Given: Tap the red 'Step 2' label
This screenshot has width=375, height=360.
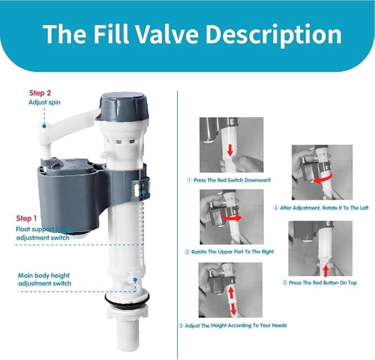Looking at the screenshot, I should tap(40, 93).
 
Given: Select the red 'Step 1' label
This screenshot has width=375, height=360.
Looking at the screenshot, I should tap(28, 218).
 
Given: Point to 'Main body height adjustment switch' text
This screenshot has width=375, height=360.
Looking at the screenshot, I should tap(44, 279).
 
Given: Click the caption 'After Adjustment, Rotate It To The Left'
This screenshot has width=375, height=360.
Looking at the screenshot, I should tap(321, 208).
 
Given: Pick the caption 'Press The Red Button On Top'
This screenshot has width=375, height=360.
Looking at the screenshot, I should tap(319, 283).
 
